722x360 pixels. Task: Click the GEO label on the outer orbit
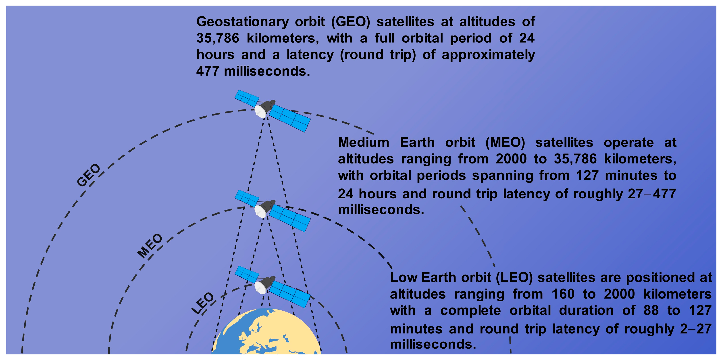pos(89,175)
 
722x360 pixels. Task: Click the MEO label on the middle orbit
pos(150,246)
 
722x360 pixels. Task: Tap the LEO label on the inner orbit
pos(202,303)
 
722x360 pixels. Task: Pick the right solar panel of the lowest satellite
pos(290,294)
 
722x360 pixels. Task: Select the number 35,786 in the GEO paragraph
pos(218,38)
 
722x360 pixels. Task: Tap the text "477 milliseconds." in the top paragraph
pos(253,71)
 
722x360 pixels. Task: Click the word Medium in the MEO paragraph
pos(364,142)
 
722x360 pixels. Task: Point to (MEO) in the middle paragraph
pos(505,143)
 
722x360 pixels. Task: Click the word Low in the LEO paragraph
pos(404,278)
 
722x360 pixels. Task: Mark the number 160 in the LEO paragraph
pos(563,294)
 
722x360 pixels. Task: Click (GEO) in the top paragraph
pos(351,22)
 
